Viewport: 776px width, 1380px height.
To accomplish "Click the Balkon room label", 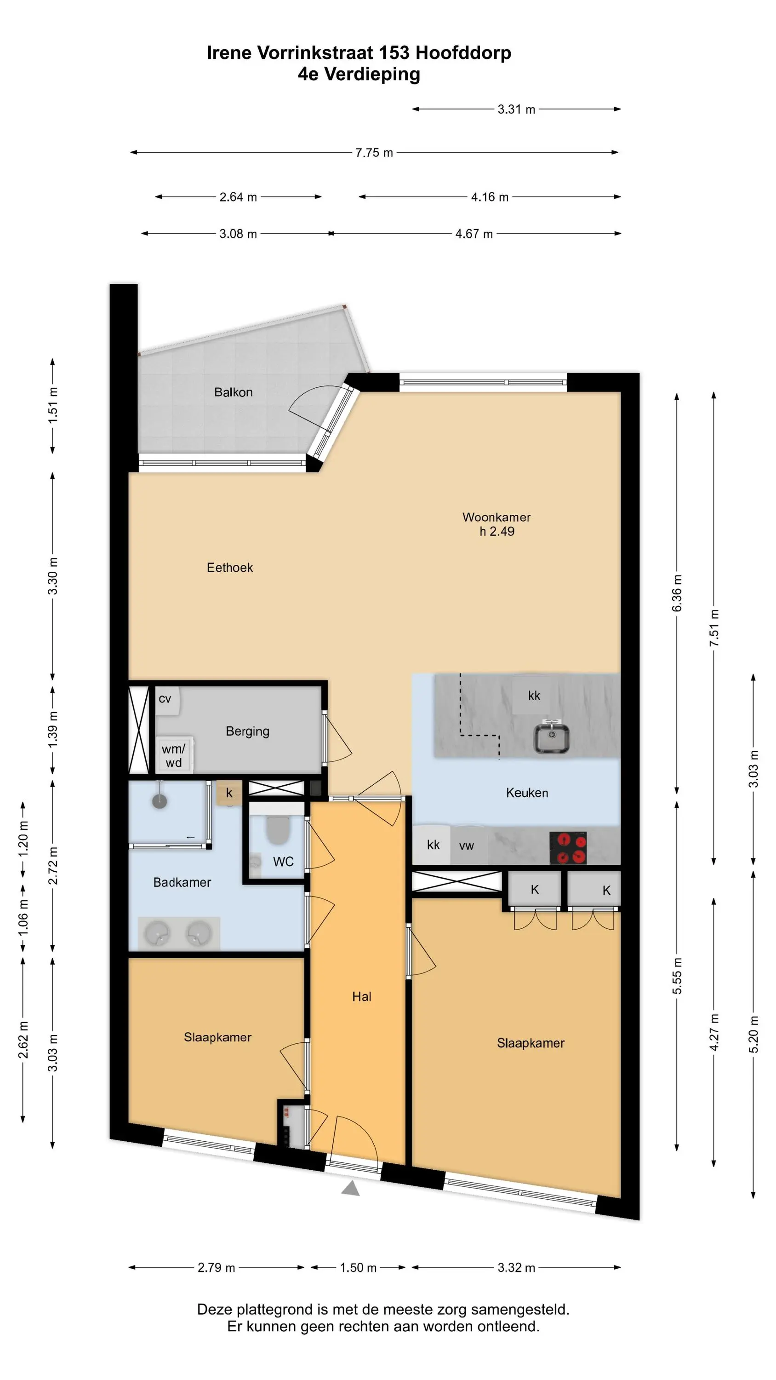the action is coord(233,392).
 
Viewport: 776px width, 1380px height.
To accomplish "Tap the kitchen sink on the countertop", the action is coord(551,737).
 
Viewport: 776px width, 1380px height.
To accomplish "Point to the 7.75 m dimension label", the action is coord(374,153).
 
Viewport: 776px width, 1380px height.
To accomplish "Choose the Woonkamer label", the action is coord(496,517).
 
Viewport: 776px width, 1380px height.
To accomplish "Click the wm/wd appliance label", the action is coord(173,755).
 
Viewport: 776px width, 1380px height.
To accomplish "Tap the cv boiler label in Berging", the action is coord(165,699).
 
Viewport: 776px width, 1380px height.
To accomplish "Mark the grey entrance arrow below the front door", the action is coord(351,1188).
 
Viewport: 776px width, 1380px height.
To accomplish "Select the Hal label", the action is coord(361,996).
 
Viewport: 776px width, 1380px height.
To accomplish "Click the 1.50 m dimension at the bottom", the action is coord(358,1267).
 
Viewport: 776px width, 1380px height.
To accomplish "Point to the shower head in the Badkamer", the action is coord(160,800).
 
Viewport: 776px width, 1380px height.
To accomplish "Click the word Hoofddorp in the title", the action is coord(463,52).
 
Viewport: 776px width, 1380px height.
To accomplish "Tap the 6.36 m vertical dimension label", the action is coord(677,593).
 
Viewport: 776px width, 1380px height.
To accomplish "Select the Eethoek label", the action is coord(230,567).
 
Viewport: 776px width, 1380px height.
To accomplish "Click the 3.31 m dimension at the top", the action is coord(516,109).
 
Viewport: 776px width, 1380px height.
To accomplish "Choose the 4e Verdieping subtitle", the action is coord(359,75).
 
